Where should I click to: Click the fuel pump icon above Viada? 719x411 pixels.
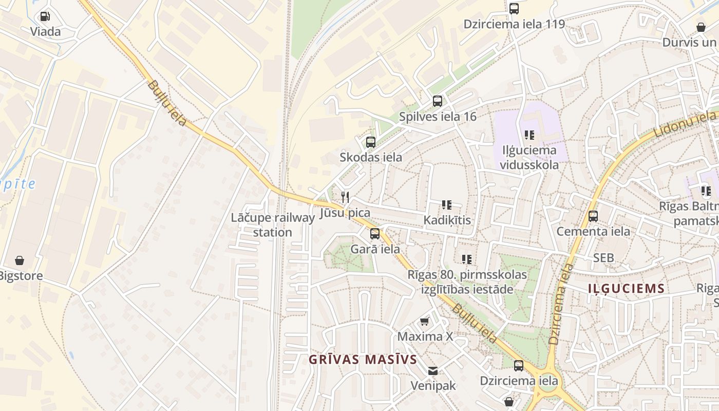(x=45, y=16)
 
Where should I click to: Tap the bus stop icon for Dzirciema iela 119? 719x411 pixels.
(x=514, y=9)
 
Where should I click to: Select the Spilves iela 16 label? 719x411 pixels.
(x=438, y=117)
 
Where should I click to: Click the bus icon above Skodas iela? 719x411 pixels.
(x=370, y=142)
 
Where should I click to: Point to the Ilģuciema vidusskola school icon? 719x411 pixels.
(x=529, y=135)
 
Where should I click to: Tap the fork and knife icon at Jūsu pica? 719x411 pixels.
(x=345, y=197)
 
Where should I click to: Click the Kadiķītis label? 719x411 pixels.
(x=447, y=220)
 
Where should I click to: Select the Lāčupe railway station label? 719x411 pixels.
(x=272, y=225)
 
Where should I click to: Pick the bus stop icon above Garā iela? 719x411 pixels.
(x=375, y=234)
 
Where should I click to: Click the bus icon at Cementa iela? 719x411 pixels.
(x=593, y=216)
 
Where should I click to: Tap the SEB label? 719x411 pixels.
(x=603, y=258)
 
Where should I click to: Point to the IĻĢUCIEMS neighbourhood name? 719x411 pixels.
(x=627, y=289)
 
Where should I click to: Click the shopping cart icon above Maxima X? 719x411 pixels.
(x=425, y=322)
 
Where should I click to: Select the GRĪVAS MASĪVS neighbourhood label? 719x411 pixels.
(x=363, y=360)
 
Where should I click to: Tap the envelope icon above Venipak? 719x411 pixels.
(x=433, y=370)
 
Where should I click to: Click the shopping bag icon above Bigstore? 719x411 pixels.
(x=20, y=260)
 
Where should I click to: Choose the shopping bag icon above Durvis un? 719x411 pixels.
(x=701, y=27)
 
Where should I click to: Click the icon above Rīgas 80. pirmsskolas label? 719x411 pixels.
(x=466, y=259)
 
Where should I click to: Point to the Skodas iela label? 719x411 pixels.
(x=370, y=157)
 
